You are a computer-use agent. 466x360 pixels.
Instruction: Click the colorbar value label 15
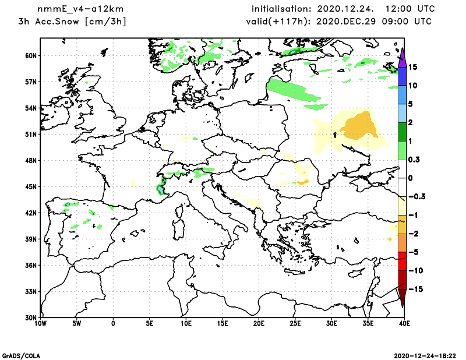413,67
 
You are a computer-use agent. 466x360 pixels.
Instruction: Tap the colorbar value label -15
414,290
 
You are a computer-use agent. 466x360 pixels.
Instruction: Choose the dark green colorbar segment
402,132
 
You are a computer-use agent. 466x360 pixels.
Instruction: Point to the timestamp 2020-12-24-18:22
428,355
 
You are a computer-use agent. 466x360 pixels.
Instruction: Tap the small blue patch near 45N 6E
160,189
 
